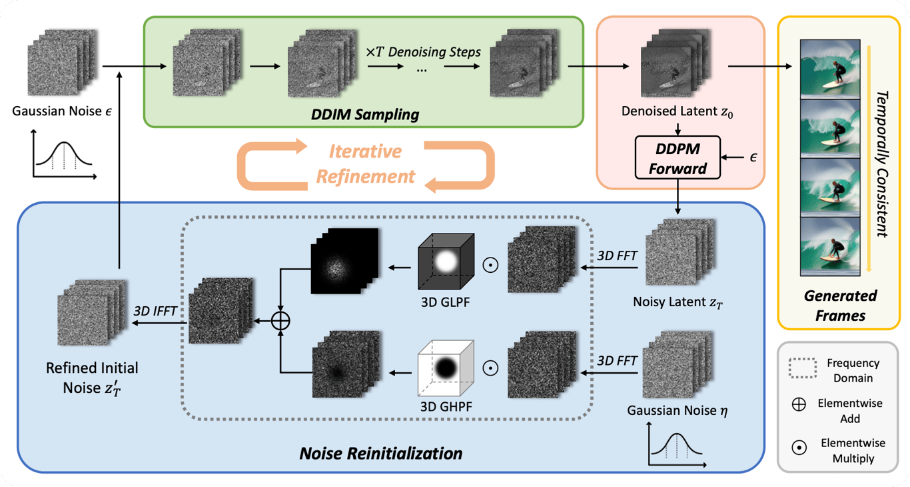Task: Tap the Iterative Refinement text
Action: [366, 163]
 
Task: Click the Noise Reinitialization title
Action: [381, 454]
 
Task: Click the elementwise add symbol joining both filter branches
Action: [281, 321]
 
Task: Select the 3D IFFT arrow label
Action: [155, 310]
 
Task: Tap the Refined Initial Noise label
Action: [92, 377]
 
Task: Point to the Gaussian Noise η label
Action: [678, 410]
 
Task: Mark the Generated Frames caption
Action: [841, 304]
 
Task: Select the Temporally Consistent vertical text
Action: [881, 164]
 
